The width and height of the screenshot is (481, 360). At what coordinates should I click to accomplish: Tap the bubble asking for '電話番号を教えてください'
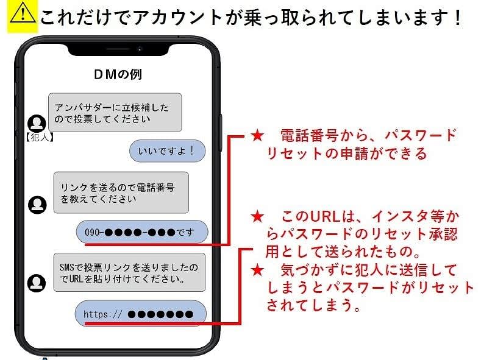tap(121, 192)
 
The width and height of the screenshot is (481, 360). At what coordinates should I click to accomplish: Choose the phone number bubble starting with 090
tap(141, 232)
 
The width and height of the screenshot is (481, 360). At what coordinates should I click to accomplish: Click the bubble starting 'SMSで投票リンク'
tap(129, 274)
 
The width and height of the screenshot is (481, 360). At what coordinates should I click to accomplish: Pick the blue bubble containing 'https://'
tap(140, 314)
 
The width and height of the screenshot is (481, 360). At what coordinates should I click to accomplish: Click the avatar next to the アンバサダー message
tap(37, 124)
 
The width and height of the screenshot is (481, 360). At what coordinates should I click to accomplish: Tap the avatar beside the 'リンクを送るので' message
tap(37, 205)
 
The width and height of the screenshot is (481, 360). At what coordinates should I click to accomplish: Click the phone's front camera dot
tap(140, 48)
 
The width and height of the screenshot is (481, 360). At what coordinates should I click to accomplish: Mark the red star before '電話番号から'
tap(257, 135)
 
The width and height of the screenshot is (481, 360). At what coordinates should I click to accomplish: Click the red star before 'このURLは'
tap(257, 216)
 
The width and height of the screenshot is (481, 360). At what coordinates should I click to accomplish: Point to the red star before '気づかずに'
tap(257, 269)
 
